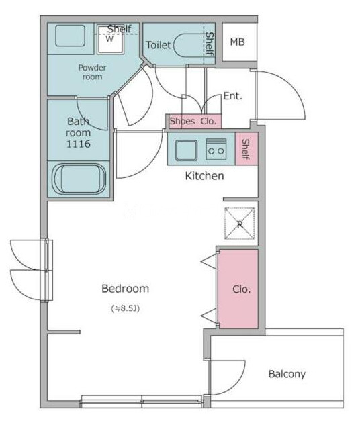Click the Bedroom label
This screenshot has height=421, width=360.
coord(125,289)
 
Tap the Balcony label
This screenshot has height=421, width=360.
coord(287,374)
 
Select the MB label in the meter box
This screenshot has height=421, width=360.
coord(238,42)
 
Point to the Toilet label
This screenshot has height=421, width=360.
coord(159,45)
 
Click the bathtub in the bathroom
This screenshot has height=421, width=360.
coord(79,179)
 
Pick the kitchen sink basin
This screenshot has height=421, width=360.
coord(186,150)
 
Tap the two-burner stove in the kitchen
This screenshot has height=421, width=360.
coord(216,149)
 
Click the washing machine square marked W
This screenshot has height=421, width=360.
coord(110,40)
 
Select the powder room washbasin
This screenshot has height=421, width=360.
coord(70,36)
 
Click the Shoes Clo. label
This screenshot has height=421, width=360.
coord(193,121)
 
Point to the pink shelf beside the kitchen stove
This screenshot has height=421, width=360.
coord(246,148)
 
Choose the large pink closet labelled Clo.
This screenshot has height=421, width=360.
coord(238,289)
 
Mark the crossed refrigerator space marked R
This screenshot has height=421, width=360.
coord(240,224)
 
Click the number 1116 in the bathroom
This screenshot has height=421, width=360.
coord(78,144)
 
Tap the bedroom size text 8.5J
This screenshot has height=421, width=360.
coord(126,308)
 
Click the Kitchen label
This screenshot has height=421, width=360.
coord(204,176)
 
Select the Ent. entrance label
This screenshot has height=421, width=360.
coord(232,96)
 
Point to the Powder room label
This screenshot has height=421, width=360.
coord(92,72)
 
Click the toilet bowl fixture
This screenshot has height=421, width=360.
coord(188,45)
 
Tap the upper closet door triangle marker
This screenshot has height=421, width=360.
coord(209,261)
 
